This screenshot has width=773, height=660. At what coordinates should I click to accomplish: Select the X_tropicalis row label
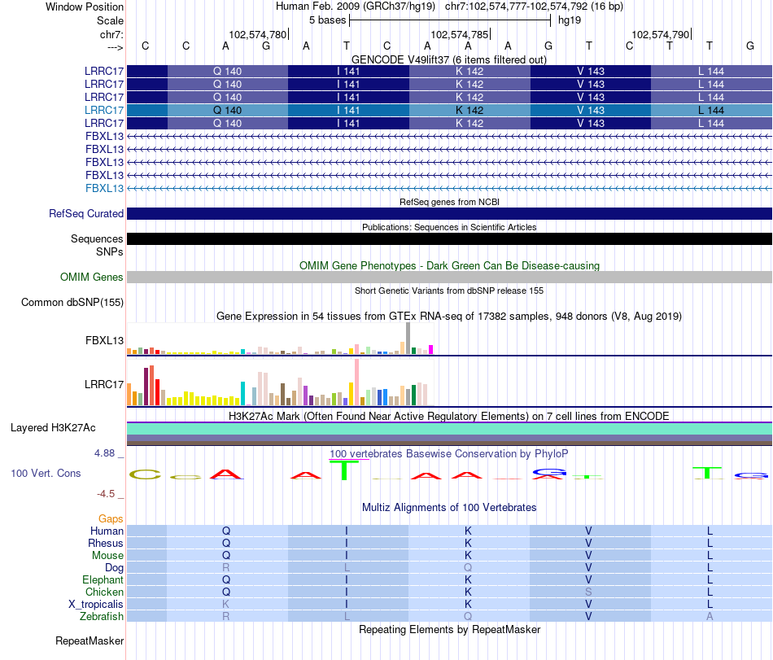(x=96, y=605)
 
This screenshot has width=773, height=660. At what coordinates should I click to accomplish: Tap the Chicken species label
(x=103, y=592)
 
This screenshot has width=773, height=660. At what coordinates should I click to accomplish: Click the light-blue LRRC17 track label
(x=104, y=110)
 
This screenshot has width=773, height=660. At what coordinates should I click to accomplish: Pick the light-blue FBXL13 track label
(x=105, y=188)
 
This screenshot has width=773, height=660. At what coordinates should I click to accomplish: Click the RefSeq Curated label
(x=86, y=214)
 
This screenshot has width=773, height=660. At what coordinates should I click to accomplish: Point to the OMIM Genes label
(x=92, y=278)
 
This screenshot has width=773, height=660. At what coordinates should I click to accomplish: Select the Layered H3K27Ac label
(x=53, y=427)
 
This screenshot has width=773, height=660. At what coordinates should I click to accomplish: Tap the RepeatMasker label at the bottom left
(x=90, y=642)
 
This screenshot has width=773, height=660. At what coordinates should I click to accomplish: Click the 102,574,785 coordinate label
(x=459, y=35)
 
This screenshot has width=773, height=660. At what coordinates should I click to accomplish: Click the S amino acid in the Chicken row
(x=588, y=592)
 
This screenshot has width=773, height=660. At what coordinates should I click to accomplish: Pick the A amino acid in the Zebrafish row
(x=710, y=617)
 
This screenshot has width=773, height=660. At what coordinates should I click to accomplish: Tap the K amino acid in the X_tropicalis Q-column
(x=227, y=605)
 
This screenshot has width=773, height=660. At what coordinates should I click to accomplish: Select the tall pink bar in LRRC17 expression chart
(x=356, y=382)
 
